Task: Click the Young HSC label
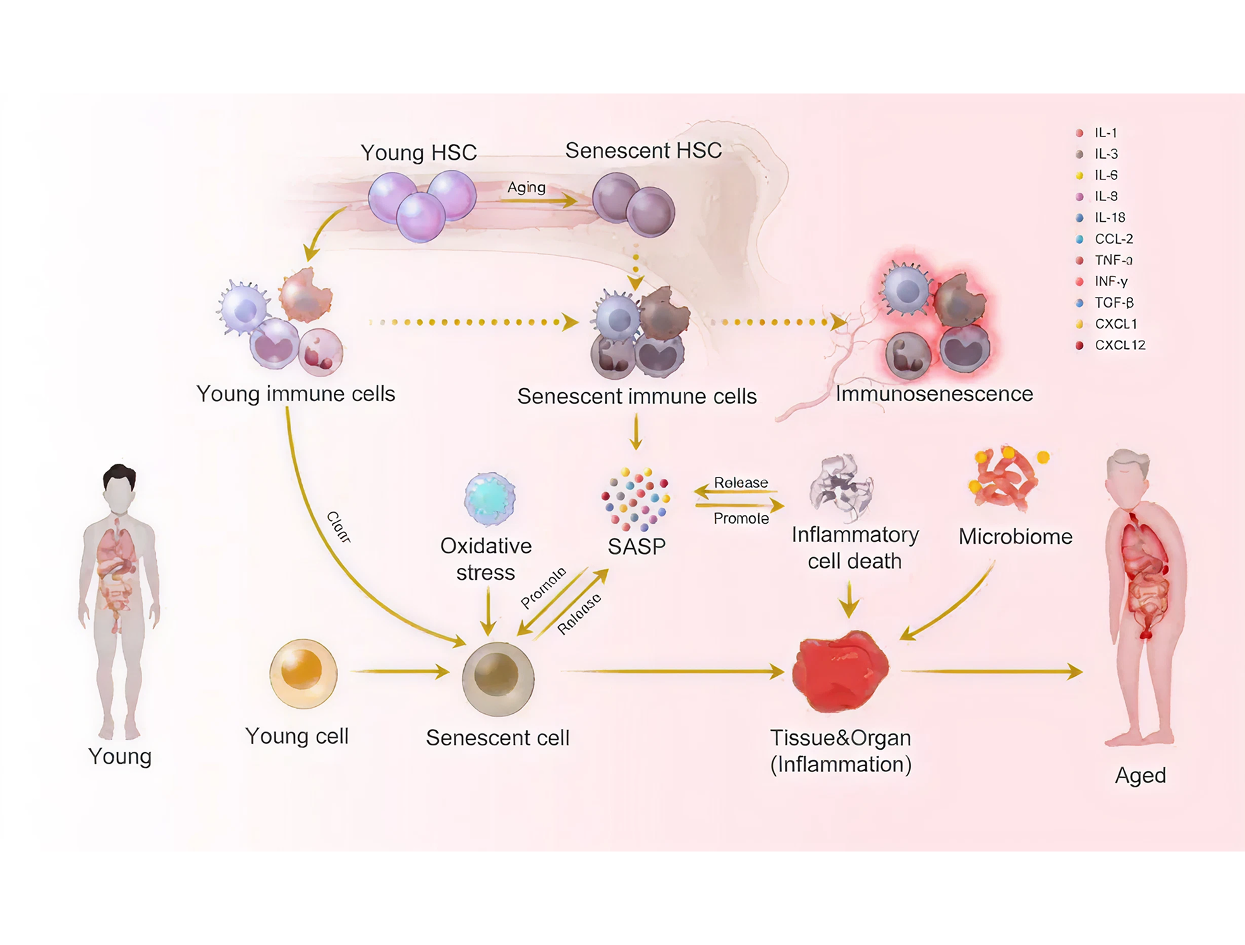[x=418, y=153]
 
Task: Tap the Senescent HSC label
[x=643, y=150]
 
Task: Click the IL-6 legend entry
[x=1106, y=175]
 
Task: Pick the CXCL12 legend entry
[x=1119, y=345]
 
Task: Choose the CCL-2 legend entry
[x=1114, y=239]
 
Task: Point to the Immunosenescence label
[x=934, y=394]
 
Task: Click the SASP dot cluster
[x=636, y=500]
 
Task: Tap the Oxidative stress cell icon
[x=490, y=499]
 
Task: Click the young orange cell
[x=303, y=673]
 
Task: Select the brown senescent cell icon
[x=498, y=678]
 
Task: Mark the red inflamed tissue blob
[x=841, y=671]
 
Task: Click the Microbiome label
[x=1015, y=536]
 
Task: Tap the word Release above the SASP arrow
[x=741, y=483]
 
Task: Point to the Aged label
[x=1140, y=775]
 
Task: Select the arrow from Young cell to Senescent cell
[x=399, y=671]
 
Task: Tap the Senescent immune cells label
[x=636, y=396]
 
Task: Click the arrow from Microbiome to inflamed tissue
[x=948, y=603]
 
